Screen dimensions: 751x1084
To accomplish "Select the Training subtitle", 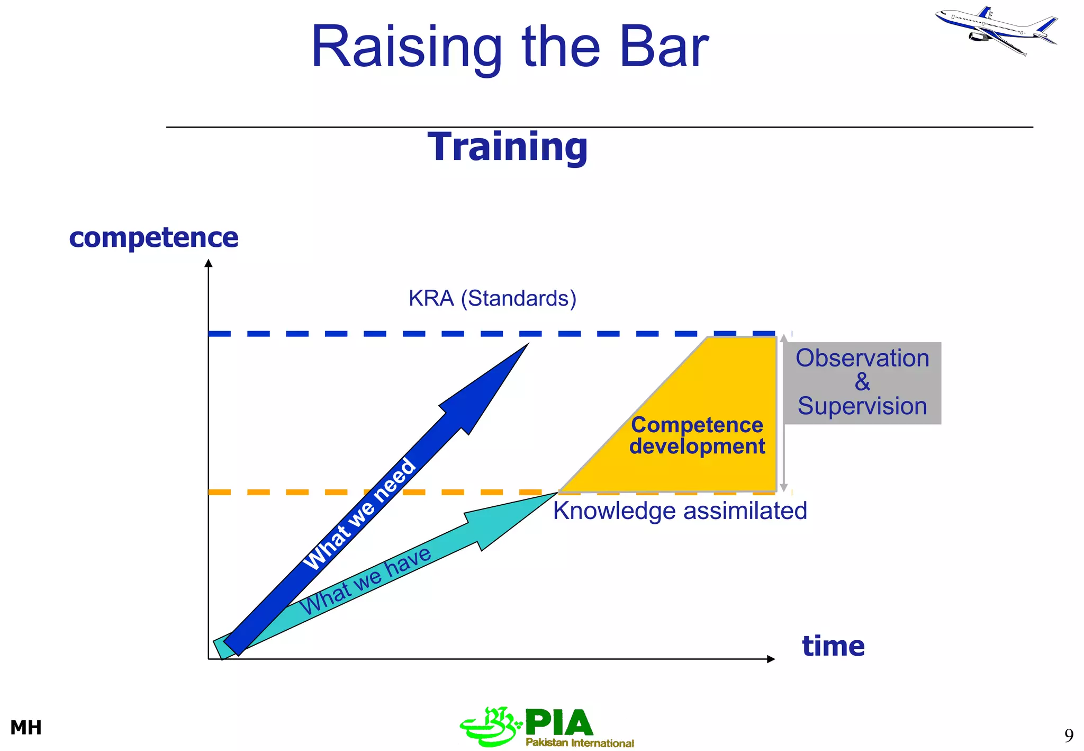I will tap(508, 147).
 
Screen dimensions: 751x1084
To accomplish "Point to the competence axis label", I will tap(153, 237).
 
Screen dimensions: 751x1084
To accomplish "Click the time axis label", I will tap(833, 646).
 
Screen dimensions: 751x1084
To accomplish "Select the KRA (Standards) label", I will tap(492, 298).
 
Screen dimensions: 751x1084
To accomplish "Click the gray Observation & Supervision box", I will tap(862, 382).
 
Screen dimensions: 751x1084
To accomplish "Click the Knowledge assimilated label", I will tap(680, 511).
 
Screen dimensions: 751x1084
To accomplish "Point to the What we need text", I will tap(360, 514).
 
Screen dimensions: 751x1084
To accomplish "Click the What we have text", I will tap(366, 580).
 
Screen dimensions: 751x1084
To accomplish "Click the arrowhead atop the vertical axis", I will tap(209, 263).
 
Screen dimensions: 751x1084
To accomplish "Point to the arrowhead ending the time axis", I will tap(771, 659).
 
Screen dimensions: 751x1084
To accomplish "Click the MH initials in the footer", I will tap(26, 728).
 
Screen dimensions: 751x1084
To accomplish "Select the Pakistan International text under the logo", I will tap(580, 743).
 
